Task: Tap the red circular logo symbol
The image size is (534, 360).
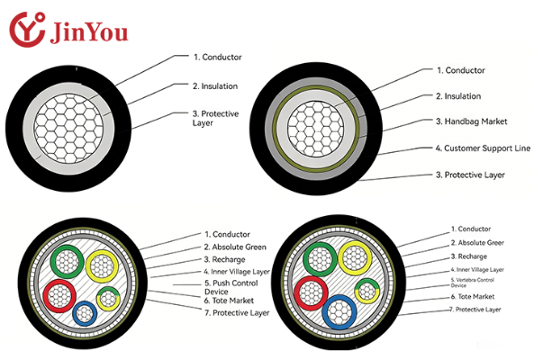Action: pos(27,30)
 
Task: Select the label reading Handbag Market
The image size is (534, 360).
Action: pos(471,121)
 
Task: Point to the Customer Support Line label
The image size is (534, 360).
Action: pos(483,148)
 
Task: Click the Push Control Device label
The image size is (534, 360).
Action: pos(231,287)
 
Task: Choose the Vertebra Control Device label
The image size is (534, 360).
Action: pos(472,283)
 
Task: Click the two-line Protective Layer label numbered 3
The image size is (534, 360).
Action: pos(215,118)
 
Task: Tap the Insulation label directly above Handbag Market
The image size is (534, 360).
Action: pos(458,96)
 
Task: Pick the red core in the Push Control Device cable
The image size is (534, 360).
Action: pos(59,296)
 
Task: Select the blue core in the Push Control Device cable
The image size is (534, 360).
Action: pos(85,313)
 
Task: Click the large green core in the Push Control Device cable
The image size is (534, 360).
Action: pos(67,261)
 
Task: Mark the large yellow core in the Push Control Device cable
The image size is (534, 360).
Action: pos(102,266)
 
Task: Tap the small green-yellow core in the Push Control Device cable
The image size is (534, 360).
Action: pos(108,298)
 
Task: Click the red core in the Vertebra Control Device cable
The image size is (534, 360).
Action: pos(311,293)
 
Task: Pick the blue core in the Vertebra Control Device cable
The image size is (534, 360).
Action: pos(339,311)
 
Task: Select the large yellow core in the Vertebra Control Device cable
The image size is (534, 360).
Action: pos(355,258)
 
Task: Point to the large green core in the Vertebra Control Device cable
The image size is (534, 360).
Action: pos(320,259)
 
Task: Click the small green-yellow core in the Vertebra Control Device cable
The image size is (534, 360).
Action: pos(367,291)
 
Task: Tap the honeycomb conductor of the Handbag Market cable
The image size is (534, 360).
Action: pos(316,129)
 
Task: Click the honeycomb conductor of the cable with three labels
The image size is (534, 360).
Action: pos(68,129)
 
